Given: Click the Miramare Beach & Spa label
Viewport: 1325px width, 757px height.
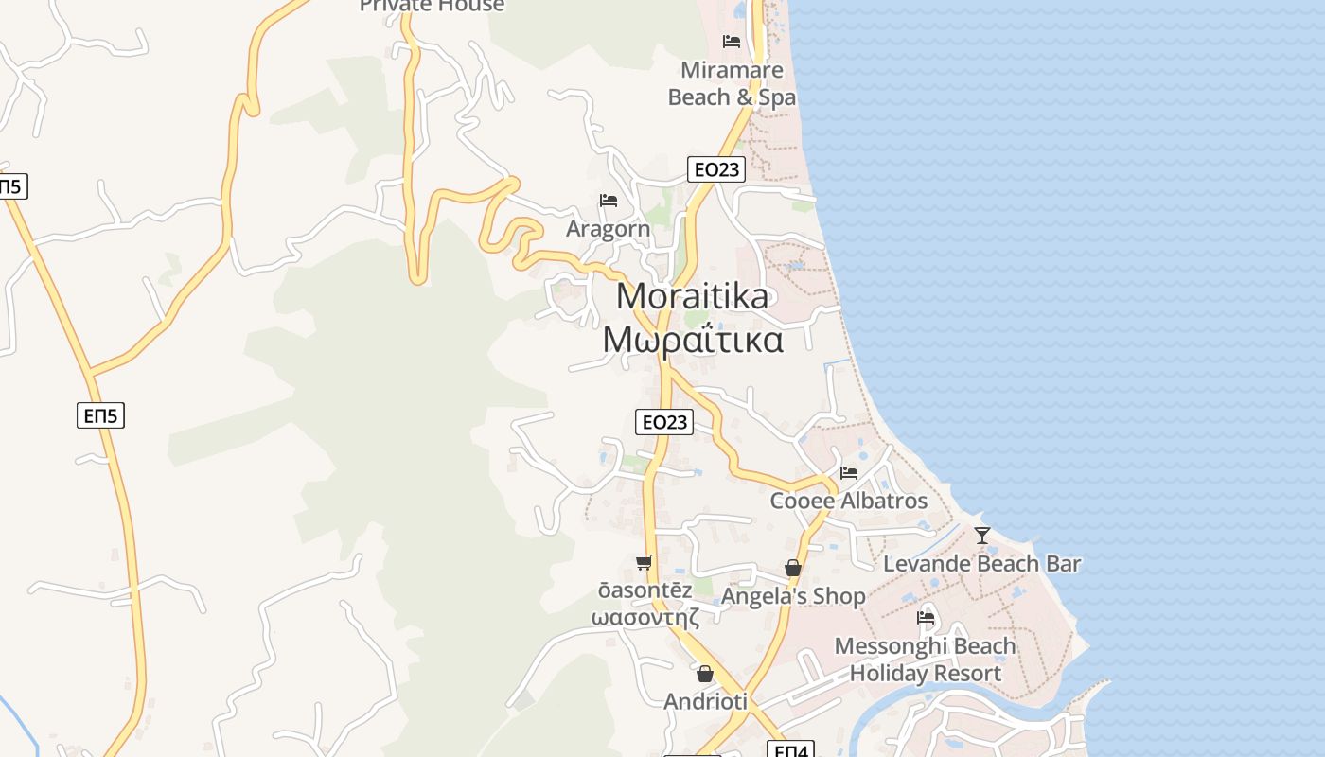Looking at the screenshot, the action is (x=732, y=83).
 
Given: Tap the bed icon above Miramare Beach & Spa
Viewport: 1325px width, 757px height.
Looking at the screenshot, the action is (x=732, y=42).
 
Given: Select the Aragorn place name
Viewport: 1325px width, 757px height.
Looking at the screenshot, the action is (x=608, y=229).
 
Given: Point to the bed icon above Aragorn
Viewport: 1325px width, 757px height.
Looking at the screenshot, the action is (x=609, y=201).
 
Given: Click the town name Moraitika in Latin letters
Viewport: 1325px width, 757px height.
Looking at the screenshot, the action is (x=693, y=296).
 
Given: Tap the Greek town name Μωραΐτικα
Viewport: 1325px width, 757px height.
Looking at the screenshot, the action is (x=693, y=340).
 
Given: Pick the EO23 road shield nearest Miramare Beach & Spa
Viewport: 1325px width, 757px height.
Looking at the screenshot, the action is (x=716, y=169).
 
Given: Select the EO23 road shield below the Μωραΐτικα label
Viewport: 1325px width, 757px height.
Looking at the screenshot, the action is (x=664, y=422).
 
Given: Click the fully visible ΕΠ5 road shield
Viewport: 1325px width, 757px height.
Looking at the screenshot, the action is (x=101, y=414).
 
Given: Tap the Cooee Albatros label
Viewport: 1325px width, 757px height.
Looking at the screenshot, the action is (x=849, y=501).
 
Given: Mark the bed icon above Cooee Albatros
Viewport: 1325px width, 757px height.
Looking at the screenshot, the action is (x=849, y=472).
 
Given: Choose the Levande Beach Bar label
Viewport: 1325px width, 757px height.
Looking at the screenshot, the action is (x=981, y=564).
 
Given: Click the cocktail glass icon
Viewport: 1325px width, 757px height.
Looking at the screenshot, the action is (x=982, y=536).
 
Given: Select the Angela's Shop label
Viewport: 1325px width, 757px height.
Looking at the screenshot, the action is (x=793, y=596).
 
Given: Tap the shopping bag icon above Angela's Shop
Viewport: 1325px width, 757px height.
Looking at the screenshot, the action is (x=793, y=568).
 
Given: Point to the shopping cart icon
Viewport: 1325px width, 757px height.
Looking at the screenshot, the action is (x=645, y=563).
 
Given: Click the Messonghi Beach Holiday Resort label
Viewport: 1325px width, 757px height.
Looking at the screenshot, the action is (x=925, y=660).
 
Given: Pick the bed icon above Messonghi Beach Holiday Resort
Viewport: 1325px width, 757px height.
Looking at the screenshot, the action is (x=926, y=618).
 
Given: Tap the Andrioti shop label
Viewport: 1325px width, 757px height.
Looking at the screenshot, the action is (x=705, y=702).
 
